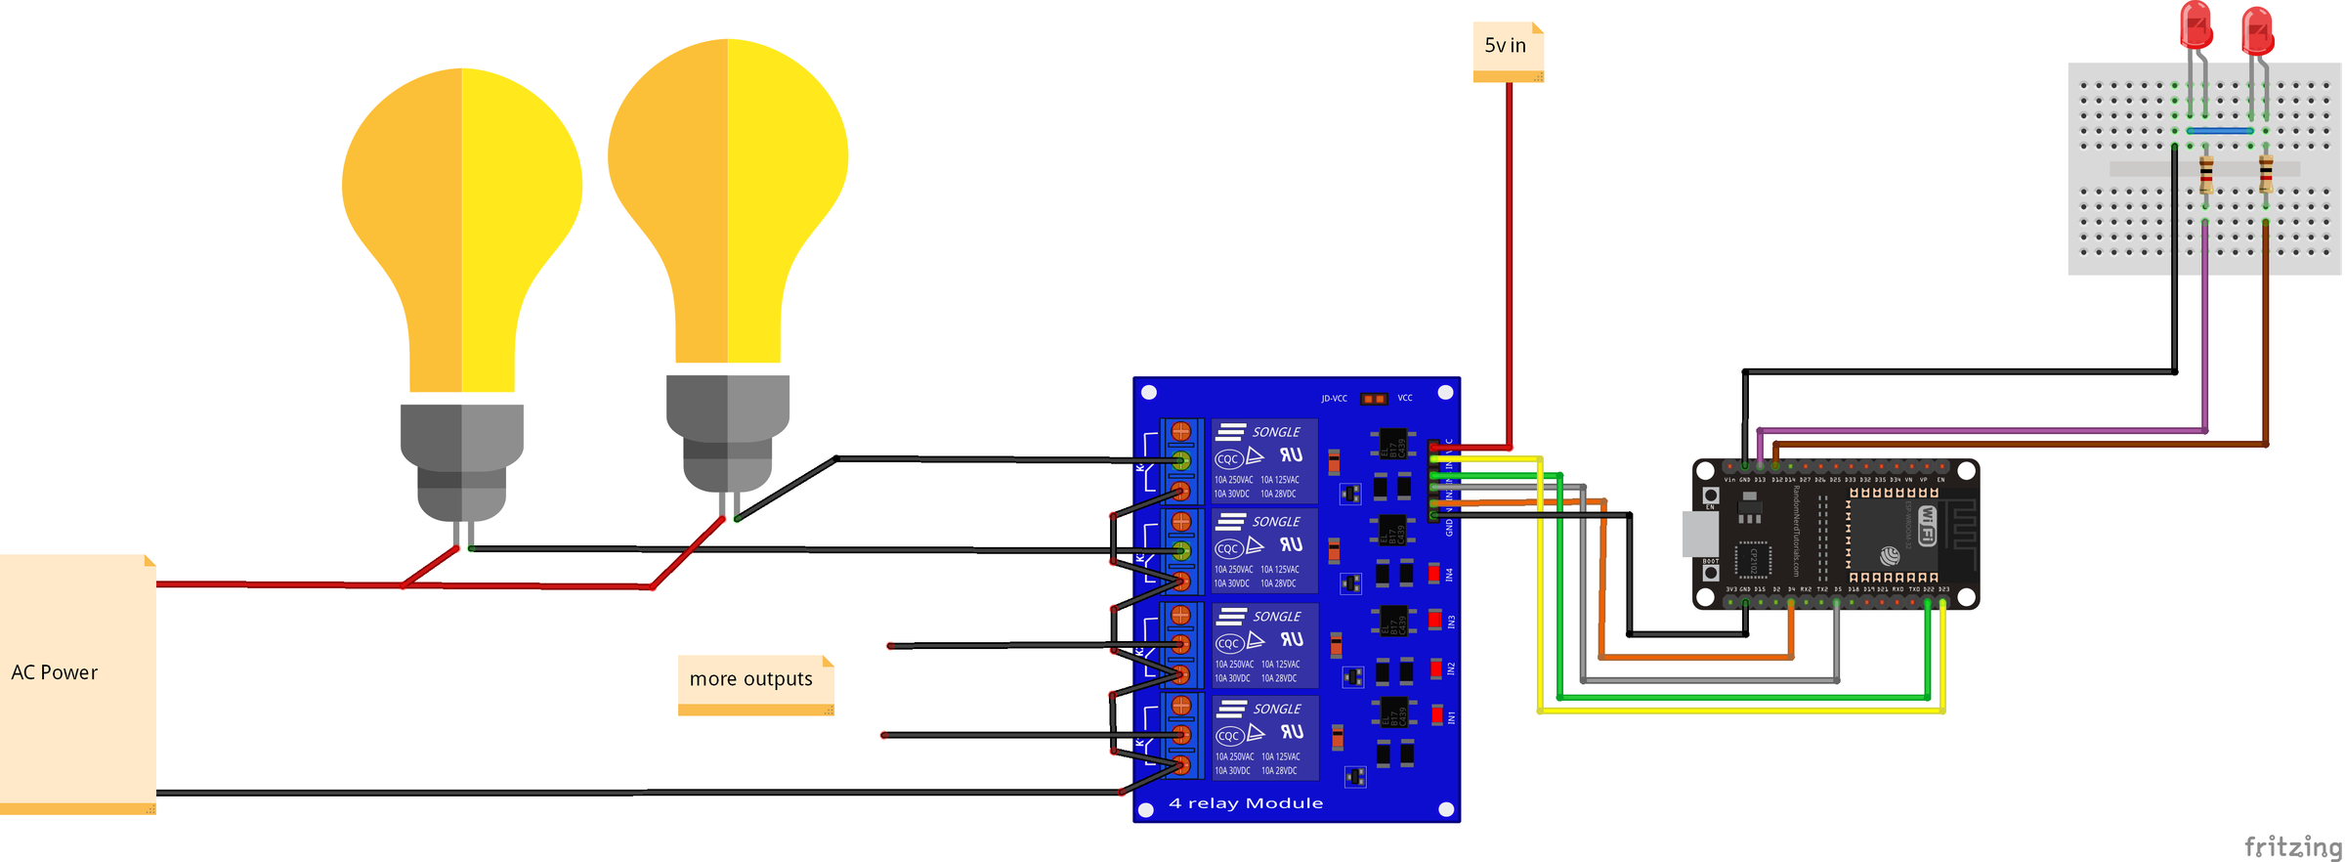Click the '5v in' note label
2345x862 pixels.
1506,46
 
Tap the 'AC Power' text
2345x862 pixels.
55,672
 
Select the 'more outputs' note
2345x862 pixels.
750,679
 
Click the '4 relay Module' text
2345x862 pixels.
1246,803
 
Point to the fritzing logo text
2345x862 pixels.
2291,845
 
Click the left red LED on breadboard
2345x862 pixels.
2196,26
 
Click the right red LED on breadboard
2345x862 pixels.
2257,32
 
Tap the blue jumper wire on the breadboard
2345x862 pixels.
2219,131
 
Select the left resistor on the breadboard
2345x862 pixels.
2206,175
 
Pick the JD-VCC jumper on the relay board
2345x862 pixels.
1374,399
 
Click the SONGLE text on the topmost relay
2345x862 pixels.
1276,432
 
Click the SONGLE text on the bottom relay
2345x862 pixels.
1277,709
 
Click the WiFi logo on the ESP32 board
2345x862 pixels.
1927,525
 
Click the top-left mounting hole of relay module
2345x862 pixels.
1149,393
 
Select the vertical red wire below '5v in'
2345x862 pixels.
1510,264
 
